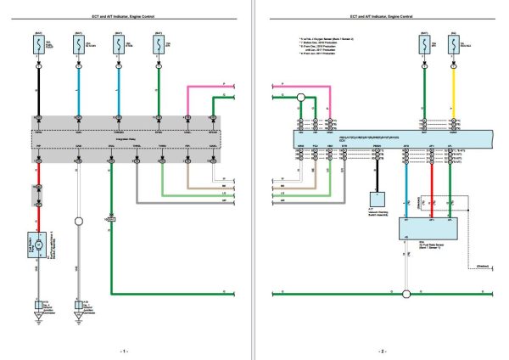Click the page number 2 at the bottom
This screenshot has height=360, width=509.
pos(383,351)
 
